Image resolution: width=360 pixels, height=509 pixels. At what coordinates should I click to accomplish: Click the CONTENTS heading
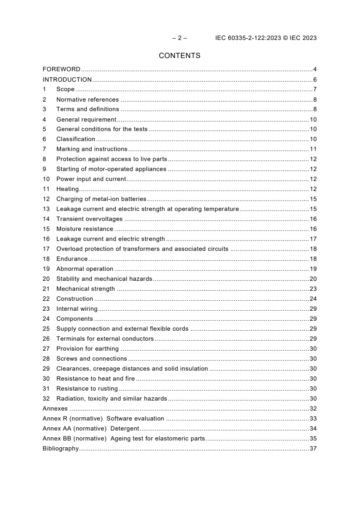pos(179,56)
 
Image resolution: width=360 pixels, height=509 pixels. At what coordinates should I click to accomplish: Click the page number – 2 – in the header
pos(179,38)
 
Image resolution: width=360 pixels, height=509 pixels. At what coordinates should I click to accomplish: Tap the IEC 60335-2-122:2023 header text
pos(266,38)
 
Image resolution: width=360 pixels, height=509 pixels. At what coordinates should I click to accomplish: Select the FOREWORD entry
pos(61,69)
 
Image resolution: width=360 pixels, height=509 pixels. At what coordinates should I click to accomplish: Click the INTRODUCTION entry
pos(67,79)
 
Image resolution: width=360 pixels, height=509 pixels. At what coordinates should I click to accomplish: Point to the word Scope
pos(65,89)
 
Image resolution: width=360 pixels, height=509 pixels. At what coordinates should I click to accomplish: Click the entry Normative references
pos(87,99)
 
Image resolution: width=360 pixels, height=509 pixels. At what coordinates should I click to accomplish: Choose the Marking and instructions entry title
pos(91,149)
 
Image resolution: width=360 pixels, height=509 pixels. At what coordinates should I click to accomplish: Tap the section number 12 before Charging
pos(46,199)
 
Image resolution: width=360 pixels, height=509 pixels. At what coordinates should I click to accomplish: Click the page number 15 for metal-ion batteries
pos(313,199)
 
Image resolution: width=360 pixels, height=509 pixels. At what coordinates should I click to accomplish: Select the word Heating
pos(67,189)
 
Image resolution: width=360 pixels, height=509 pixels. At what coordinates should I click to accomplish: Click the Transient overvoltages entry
pos(89,219)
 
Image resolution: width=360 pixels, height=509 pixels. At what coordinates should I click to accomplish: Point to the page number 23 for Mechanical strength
pos(313,289)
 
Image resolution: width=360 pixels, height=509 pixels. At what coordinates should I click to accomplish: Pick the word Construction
pos(74,299)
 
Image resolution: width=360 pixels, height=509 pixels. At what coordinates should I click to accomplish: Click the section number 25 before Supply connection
pos(46,329)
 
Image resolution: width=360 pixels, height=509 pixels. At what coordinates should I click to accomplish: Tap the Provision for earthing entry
pos(87,349)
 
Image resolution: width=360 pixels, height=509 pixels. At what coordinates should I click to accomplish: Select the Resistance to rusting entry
pos(87,389)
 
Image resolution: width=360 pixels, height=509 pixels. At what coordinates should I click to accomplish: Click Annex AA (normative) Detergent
pos(91,429)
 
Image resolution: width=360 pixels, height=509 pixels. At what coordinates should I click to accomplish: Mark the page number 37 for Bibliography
pos(313,449)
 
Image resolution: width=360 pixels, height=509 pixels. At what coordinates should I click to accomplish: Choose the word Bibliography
pos(60,449)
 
